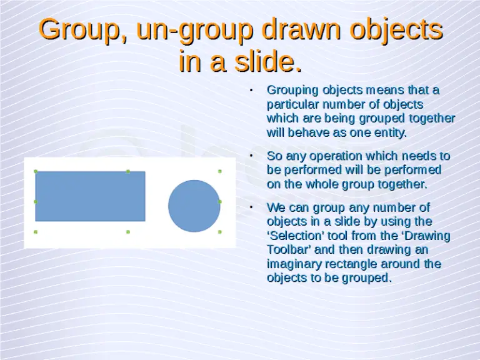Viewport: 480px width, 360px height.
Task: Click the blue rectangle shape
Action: [90, 196]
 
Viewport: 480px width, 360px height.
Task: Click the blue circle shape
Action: [194, 206]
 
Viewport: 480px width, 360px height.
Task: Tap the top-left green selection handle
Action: [36, 171]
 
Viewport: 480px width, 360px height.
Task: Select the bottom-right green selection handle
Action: [220, 232]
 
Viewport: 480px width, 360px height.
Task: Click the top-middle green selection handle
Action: [128, 171]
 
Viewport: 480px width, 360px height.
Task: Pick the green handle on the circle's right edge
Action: [220, 202]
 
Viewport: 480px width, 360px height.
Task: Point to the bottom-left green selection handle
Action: [36, 232]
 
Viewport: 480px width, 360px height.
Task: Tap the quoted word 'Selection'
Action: [294, 236]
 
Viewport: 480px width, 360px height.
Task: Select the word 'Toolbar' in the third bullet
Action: [287, 250]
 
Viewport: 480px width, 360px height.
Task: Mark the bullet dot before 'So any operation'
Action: [251, 155]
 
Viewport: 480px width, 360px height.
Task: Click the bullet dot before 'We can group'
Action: [251, 206]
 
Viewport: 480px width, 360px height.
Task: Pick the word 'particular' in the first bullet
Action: [289, 104]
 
